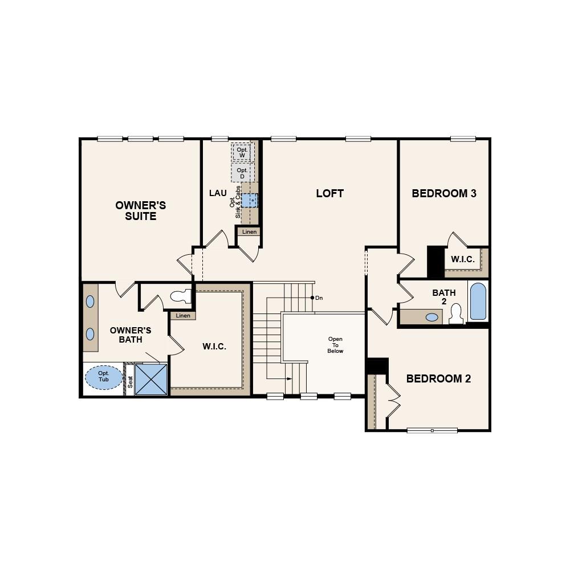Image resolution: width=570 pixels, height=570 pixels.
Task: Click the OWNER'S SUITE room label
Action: [x=140, y=210]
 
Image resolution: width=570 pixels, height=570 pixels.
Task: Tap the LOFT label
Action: [x=329, y=193]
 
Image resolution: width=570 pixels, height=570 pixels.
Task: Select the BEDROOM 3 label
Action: [x=444, y=193]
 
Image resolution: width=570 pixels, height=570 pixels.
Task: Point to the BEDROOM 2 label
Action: [x=438, y=378]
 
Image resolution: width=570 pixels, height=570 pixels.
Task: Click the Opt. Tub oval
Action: [x=104, y=377]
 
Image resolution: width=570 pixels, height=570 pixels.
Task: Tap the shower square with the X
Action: [x=151, y=379]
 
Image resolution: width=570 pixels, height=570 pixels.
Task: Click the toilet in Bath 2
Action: [x=456, y=313]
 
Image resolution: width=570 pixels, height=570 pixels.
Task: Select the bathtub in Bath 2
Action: [x=478, y=302]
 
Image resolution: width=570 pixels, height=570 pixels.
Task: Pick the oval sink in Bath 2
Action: [x=433, y=317]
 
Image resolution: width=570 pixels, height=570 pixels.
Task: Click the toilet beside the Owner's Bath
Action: [x=182, y=296]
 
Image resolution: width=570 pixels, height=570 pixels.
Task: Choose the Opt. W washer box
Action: [x=242, y=152]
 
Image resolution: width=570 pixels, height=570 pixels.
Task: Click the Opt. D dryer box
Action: [x=242, y=173]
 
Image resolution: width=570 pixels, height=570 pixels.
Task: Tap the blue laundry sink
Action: [x=250, y=200]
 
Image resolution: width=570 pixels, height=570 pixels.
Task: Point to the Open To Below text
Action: [x=335, y=345]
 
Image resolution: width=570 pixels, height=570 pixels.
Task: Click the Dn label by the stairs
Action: [x=319, y=298]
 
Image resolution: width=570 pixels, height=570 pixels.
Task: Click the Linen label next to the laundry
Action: [x=249, y=232]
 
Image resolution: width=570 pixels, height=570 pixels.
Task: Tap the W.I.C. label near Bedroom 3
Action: [x=462, y=259]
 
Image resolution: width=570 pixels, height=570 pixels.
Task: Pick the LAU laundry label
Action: [x=218, y=193]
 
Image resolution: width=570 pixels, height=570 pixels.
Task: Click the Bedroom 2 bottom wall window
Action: [x=431, y=430]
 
